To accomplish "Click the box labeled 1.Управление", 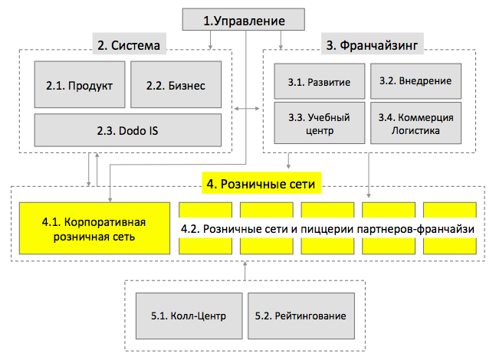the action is pos(244,20).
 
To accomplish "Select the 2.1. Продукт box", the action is pos(80,84).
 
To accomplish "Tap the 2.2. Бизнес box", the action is pos(176,84).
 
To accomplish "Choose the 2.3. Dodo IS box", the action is pos(128,130).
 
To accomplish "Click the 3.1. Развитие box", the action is pos(320,81).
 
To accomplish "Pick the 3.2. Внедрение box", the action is pos(416,81).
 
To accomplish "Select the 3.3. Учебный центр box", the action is pos(320,123).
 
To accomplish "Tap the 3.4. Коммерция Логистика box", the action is pos(416,123).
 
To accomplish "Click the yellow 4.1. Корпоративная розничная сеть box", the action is pos(94,228).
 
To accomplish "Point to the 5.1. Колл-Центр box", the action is pos(189,316).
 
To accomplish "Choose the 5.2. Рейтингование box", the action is pos(301,316).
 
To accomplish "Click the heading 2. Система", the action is pos(129,45).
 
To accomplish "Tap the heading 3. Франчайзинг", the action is pos(372,45).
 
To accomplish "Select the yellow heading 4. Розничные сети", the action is pos(261,184).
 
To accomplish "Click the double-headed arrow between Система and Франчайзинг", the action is pos(247,109).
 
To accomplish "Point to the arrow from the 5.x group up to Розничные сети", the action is pos(245,271).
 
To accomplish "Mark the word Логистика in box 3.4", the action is pos(416,130).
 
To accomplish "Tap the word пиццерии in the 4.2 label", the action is pos(327,229).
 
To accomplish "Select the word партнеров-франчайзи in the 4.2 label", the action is pos(416,229).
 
